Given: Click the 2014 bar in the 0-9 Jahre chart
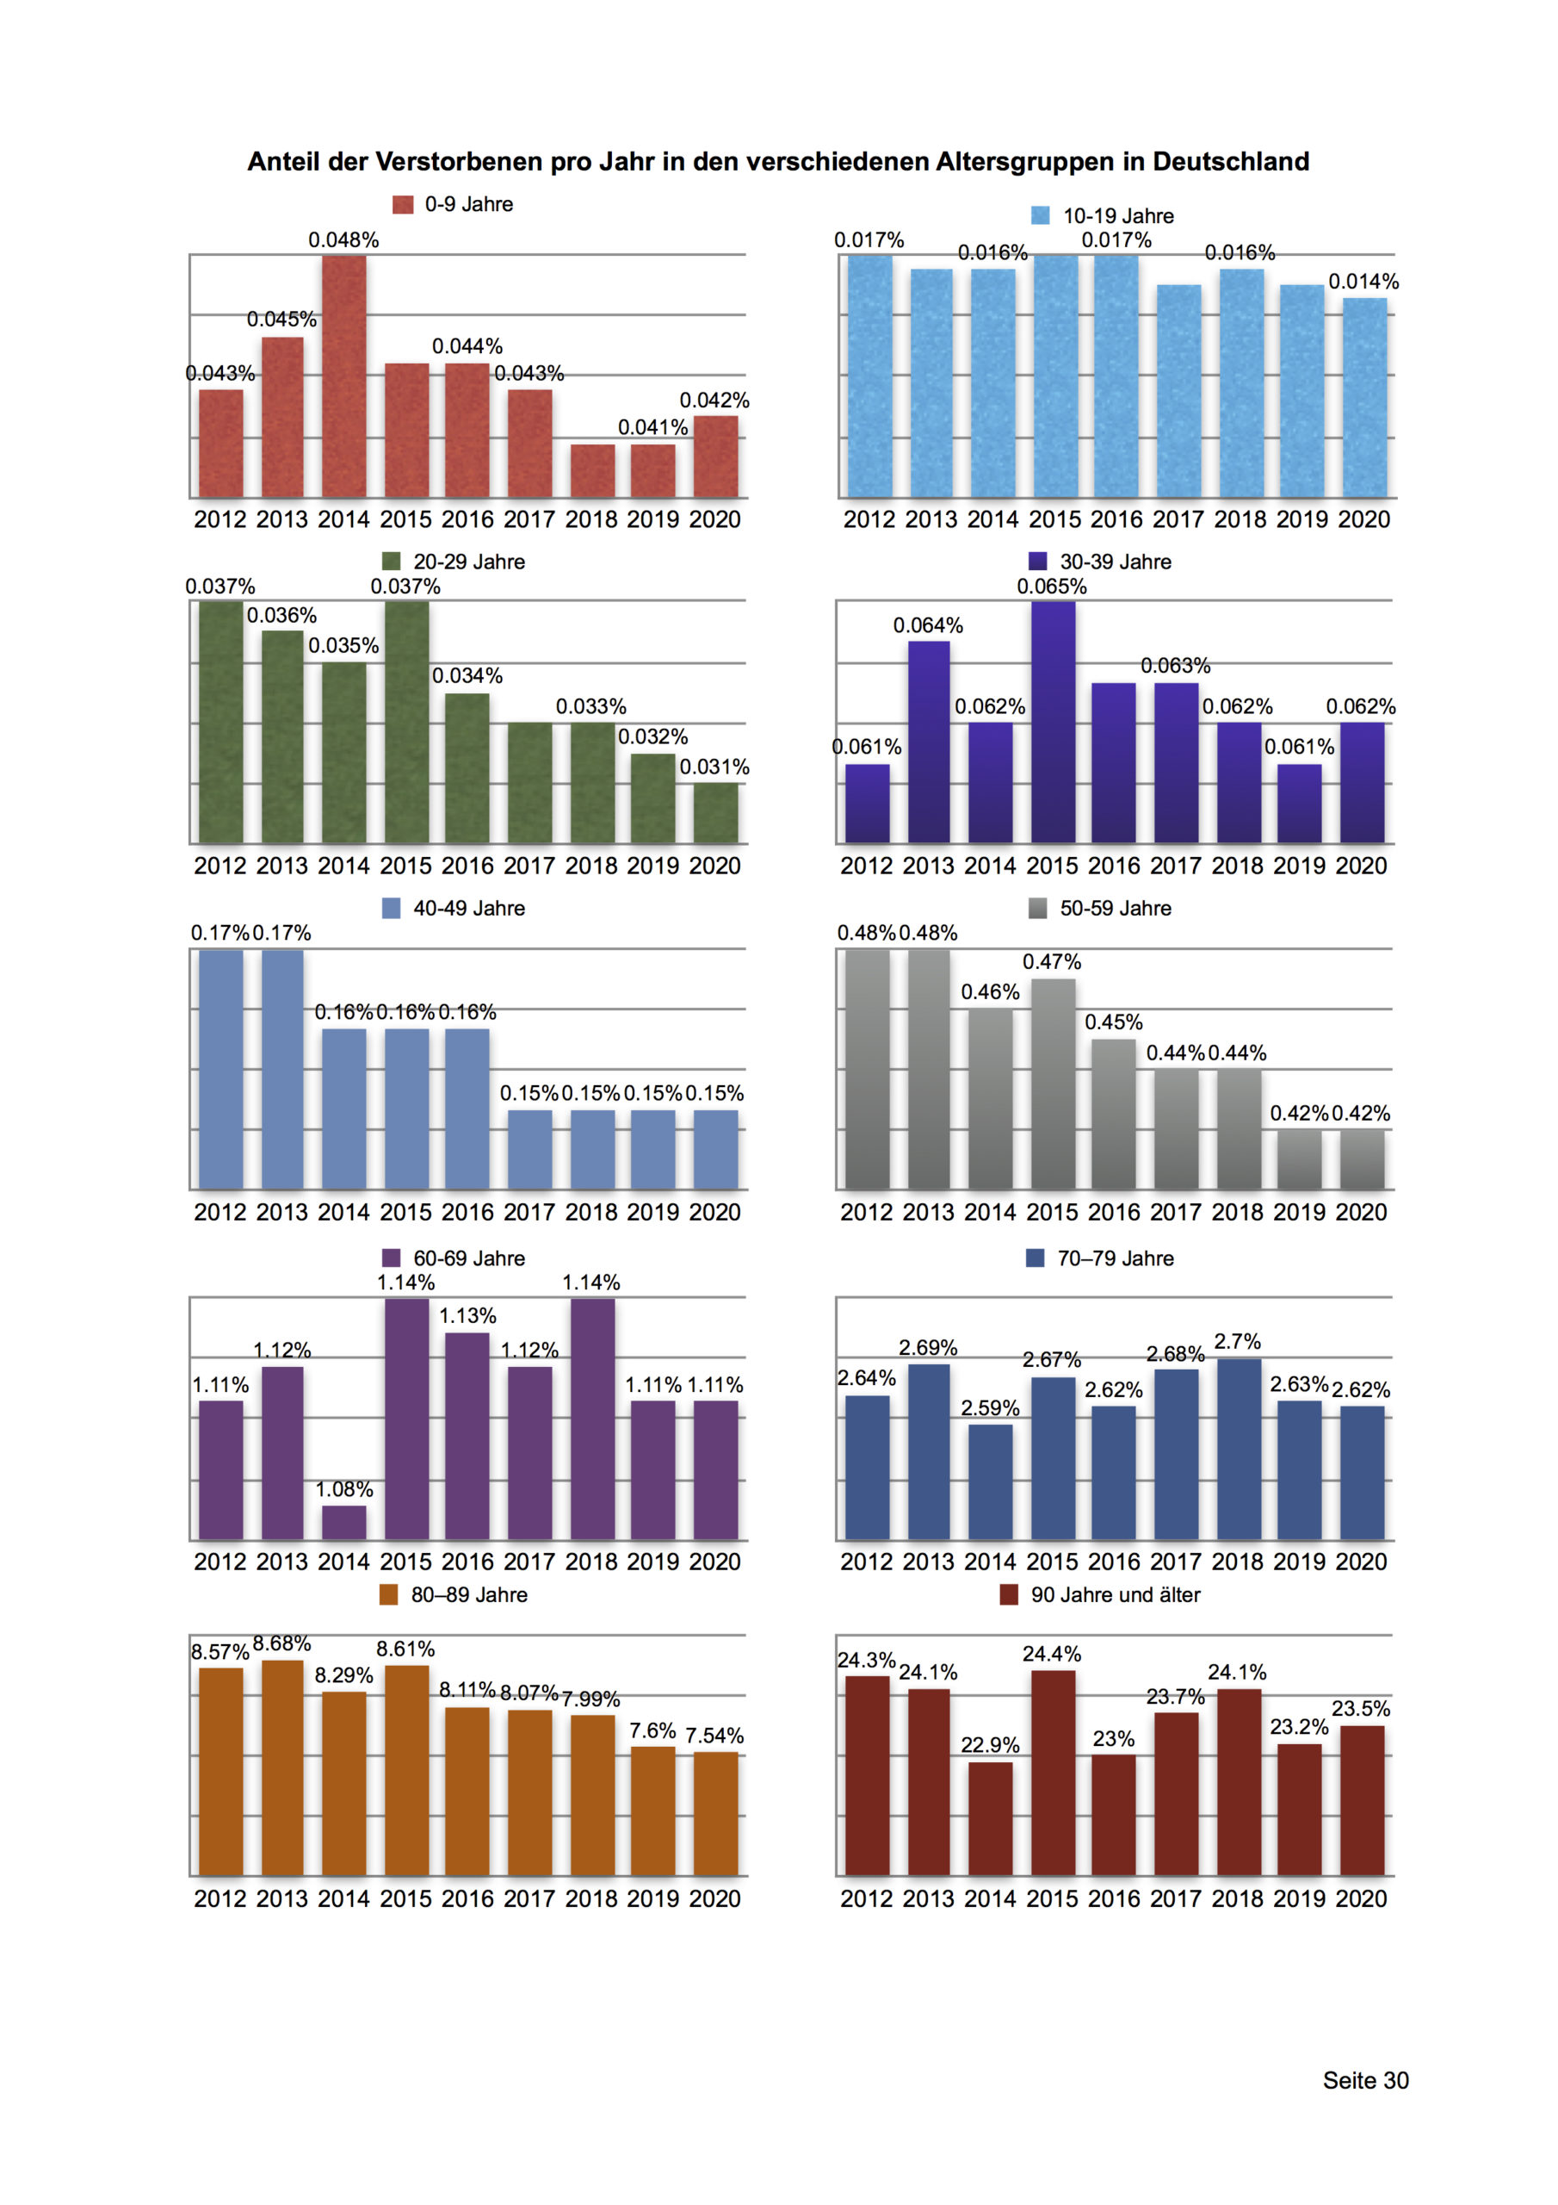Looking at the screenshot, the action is coord(343,376).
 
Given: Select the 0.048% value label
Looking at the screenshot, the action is coord(343,240).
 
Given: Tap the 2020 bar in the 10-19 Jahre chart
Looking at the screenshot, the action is coord(1364,398).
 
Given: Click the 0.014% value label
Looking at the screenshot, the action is coord(1364,282).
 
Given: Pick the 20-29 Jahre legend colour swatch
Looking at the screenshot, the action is coord(391,561).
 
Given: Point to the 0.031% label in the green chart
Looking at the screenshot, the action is coord(714,767).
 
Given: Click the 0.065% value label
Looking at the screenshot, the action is coord(1052,587).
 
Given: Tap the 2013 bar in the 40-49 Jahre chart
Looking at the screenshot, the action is coord(282,1070).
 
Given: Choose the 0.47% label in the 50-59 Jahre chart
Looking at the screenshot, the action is coord(1052,962).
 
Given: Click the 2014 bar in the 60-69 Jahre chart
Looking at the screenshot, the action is coord(343,1522).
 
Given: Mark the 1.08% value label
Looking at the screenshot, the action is coord(343,1489).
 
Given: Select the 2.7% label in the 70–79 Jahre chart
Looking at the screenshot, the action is coord(1238,1342).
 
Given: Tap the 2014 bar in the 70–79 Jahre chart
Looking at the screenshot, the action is coord(991,1481).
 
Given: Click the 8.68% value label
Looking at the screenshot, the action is coord(281,1644).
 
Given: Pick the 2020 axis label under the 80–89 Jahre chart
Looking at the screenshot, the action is coord(715,1898).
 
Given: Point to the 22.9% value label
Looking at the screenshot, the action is coord(991,1745).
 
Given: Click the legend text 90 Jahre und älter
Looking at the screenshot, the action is coord(1116,1595).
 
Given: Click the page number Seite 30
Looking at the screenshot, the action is coord(1366,2080).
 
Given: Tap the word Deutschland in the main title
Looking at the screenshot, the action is coord(1231,161).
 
